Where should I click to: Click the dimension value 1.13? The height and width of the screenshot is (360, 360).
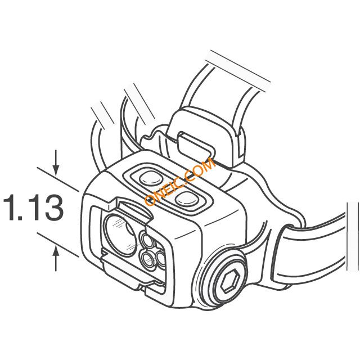(33, 208)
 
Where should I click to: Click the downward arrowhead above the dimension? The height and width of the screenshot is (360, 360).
(56, 170)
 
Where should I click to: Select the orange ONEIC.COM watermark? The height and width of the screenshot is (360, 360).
(180, 182)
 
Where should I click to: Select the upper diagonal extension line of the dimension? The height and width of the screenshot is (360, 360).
(58, 179)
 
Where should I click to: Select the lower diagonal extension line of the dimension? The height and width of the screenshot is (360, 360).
(58, 245)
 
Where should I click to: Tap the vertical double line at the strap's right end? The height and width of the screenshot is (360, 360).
(353, 236)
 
